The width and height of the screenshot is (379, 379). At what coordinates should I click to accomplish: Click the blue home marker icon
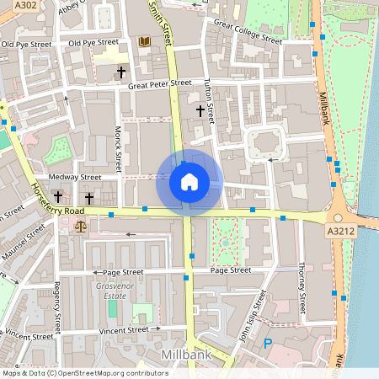point(189,182)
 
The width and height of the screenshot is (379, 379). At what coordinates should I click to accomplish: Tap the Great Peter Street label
point(159,84)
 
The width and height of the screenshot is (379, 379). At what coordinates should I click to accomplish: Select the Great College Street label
point(248,32)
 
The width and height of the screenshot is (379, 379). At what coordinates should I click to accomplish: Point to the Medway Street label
point(75,178)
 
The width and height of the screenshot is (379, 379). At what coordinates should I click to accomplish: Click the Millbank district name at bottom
point(168,355)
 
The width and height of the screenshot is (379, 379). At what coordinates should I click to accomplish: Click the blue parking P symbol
point(268,343)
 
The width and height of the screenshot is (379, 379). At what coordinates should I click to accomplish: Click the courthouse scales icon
point(81,225)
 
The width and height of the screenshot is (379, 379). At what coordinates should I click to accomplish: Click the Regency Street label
point(58,309)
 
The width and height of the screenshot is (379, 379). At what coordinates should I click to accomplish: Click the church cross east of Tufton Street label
point(200,110)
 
